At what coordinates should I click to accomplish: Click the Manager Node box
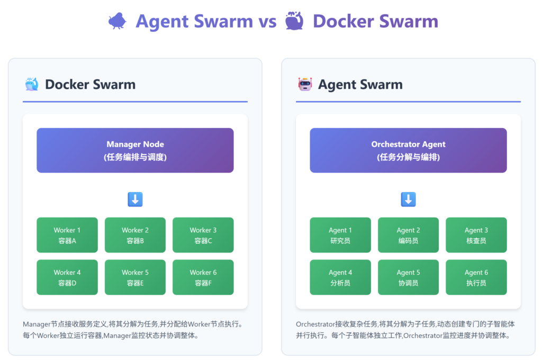[x=135, y=150]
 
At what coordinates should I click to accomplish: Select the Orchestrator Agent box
[x=408, y=150]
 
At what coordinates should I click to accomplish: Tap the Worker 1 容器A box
[x=67, y=235]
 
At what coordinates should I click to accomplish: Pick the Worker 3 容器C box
[x=203, y=235]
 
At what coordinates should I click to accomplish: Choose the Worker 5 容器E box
[x=135, y=277]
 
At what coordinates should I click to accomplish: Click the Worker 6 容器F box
[x=203, y=277]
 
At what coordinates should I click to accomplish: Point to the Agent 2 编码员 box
[x=408, y=235]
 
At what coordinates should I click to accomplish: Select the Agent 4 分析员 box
[x=340, y=277]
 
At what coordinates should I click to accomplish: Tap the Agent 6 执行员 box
[x=476, y=277]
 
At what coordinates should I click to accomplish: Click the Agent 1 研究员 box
[x=340, y=235]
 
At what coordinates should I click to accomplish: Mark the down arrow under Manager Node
[x=135, y=200]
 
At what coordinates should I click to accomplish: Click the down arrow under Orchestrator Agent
[x=408, y=200]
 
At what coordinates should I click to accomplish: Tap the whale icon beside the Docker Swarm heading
[x=32, y=84]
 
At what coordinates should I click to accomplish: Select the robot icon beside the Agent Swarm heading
[x=305, y=84]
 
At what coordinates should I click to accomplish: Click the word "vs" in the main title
[x=267, y=21]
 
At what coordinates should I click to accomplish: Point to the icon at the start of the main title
[x=117, y=21]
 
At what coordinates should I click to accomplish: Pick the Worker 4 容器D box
[x=67, y=277]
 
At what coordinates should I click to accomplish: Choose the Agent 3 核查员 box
[x=476, y=235]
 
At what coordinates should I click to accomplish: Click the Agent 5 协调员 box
[x=408, y=277]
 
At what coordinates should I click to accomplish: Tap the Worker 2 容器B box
[x=135, y=235]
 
